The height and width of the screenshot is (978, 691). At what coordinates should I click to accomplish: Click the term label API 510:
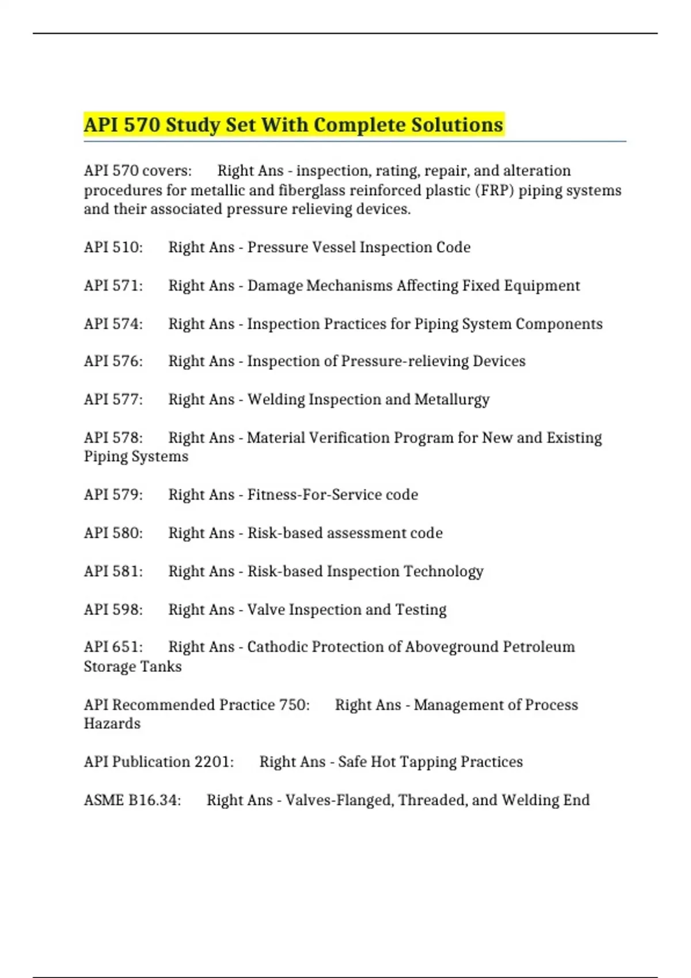point(113,247)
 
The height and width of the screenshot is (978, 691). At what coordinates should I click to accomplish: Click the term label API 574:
point(113,324)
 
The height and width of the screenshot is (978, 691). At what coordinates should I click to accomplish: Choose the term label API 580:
point(113,533)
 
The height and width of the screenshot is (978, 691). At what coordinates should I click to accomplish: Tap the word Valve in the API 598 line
point(265,610)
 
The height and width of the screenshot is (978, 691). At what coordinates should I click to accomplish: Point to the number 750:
point(294,705)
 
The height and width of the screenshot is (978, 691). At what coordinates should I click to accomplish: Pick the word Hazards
point(112,724)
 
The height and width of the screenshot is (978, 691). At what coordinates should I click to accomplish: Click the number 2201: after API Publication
point(214,762)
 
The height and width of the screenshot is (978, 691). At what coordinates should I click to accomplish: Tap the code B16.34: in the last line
point(154,800)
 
